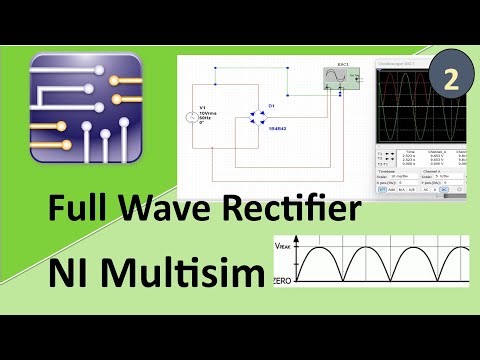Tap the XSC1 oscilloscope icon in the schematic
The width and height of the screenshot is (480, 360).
pos(333,80)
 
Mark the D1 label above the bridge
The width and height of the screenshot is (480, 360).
pos(271,103)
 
